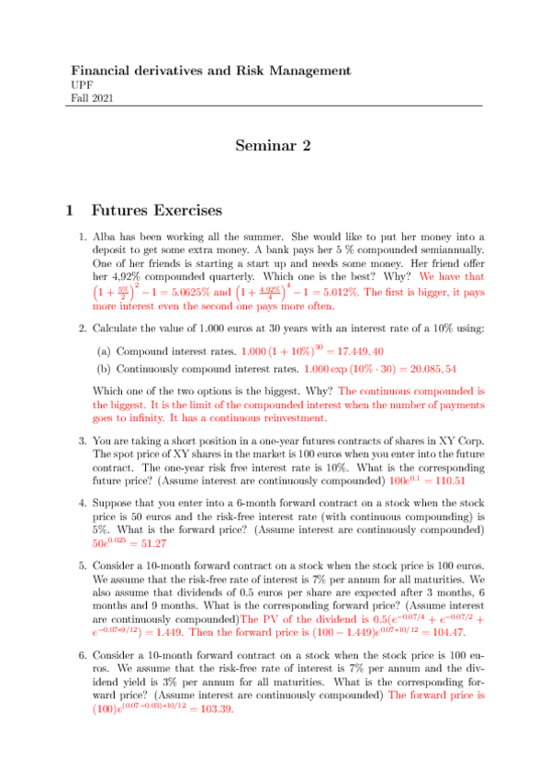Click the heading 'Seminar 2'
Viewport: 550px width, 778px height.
pyautogui.click(x=275, y=146)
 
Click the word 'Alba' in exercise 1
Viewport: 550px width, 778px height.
pyautogui.click(x=105, y=236)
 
